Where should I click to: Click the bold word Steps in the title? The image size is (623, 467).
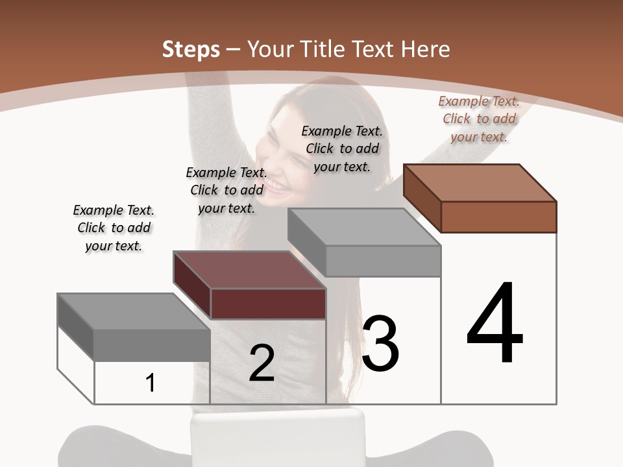tap(190, 49)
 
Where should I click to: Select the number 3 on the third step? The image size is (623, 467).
tap(380, 344)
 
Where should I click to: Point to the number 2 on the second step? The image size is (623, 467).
tap(262, 363)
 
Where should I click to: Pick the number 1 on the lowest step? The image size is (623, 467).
tap(151, 383)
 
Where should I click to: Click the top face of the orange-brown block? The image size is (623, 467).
tap(480, 182)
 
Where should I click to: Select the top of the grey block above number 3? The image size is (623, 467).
tap(364, 227)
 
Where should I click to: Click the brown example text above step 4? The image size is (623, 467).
tap(479, 119)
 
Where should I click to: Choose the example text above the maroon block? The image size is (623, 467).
tap(226, 190)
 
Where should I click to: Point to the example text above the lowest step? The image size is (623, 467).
tap(114, 228)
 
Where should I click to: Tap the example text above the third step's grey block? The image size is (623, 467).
tap(342, 149)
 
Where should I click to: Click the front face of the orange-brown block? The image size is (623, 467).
tap(498, 217)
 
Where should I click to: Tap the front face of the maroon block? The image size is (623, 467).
tap(268, 304)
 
